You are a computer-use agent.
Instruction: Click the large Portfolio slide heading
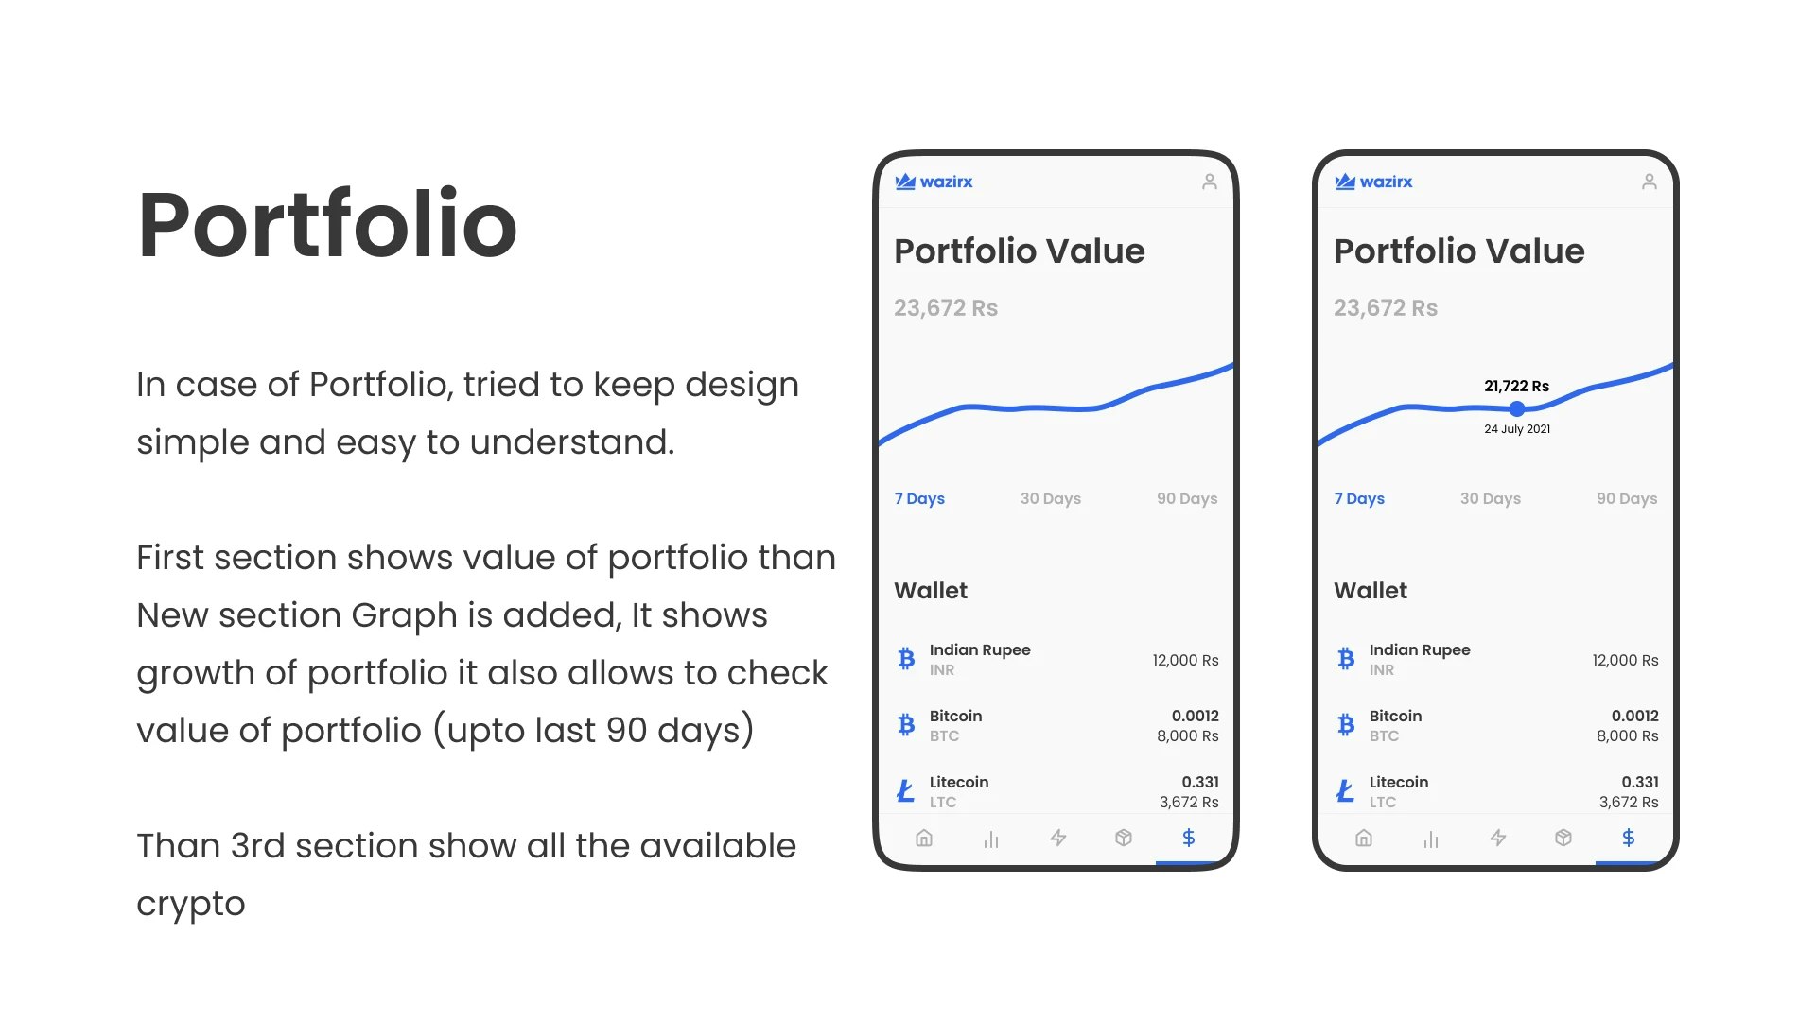click(327, 225)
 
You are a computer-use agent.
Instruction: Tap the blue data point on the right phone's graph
click(1517, 408)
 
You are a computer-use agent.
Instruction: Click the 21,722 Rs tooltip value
click(1517, 386)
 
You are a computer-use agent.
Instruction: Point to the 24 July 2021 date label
click(1517, 429)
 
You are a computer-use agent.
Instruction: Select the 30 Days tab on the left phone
click(1051, 498)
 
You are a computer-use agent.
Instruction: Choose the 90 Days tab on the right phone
click(1627, 498)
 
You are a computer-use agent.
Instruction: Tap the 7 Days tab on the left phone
click(919, 498)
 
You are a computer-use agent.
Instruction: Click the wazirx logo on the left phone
click(934, 182)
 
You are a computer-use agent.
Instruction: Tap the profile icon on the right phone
click(1650, 182)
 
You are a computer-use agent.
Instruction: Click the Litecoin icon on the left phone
click(906, 790)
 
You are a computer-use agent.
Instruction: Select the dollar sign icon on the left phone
click(1189, 838)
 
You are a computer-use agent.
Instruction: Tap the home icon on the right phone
click(1364, 838)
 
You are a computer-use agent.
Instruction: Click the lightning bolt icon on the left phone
click(1058, 838)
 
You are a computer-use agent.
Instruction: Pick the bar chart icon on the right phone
click(1431, 839)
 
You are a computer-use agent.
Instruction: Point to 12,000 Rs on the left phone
click(1185, 660)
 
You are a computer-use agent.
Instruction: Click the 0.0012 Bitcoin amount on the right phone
click(1635, 716)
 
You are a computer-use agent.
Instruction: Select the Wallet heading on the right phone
click(1371, 591)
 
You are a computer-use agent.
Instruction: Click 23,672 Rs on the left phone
click(946, 308)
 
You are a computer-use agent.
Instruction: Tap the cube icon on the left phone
click(1124, 838)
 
